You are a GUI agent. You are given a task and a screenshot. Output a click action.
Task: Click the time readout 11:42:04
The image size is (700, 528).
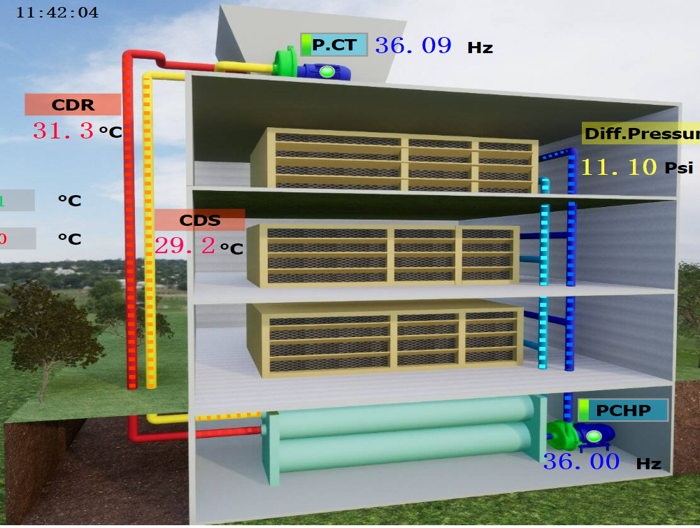pyautogui.click(x=57, y=13)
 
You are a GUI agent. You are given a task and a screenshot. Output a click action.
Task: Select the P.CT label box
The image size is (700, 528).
pyautogui.click(x=334, y=45)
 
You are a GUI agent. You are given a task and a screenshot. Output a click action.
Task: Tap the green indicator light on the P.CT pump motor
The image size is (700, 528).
pyautogui.click(x=327, y=71)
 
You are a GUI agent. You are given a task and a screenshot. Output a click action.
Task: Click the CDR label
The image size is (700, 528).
pyautogui.click(x=73, y=105)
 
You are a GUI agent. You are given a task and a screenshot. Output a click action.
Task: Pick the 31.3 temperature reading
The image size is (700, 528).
pyautogui.click(x=63, y=131)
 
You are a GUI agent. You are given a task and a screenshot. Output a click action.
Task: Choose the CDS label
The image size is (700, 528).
pyautogui.click(x=200, y=220)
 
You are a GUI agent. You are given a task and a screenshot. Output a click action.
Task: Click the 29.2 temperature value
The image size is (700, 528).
pyautogui.click(x=185, y=245)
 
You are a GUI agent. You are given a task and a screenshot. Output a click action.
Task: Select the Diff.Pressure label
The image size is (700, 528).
pyautogui.click(x=641, y=134)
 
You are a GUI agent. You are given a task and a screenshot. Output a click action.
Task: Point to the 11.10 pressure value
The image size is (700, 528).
pyautogui.click(x=619, y=167)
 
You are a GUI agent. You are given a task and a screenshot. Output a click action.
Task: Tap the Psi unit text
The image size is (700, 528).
pyautogui.click(x=678, y=169)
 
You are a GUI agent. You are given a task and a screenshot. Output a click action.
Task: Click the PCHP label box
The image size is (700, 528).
pyautogui.click(x=622, y=410)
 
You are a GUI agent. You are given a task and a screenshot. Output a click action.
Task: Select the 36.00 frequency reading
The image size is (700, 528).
pyautogui.click(x=581, y=462)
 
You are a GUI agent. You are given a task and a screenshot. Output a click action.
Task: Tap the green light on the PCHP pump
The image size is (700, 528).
pyautogui.click(x=594, y=437)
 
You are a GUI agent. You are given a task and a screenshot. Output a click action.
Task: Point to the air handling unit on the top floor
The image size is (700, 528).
pyautogui.click(x=395, y=159)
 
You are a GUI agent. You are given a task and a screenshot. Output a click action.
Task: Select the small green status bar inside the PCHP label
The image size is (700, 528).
pyautogui.click(x=583, y=410)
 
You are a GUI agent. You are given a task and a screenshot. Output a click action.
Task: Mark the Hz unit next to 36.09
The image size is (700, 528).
pyautogui.click(x=480, y=48)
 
